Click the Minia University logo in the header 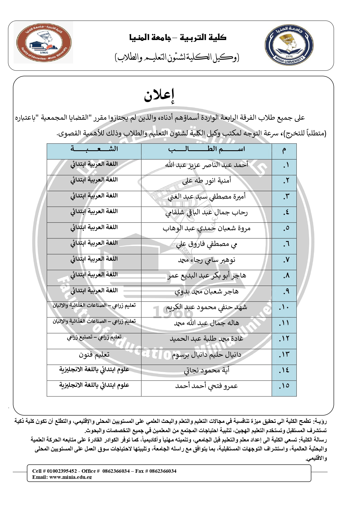point(289,45)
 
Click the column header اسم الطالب point(207,149)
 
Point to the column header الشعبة point(94,149)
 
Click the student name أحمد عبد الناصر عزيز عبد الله point(207,165)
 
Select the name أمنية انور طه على point(207,181)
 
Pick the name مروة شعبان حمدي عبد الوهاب point(207,229)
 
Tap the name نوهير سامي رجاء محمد point(207,260)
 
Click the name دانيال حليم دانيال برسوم point(207,355)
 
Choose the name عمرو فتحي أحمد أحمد point(207,386)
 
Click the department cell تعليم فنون point(94,355)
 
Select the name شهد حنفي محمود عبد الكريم point(207,307)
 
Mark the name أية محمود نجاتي point(207,371)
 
